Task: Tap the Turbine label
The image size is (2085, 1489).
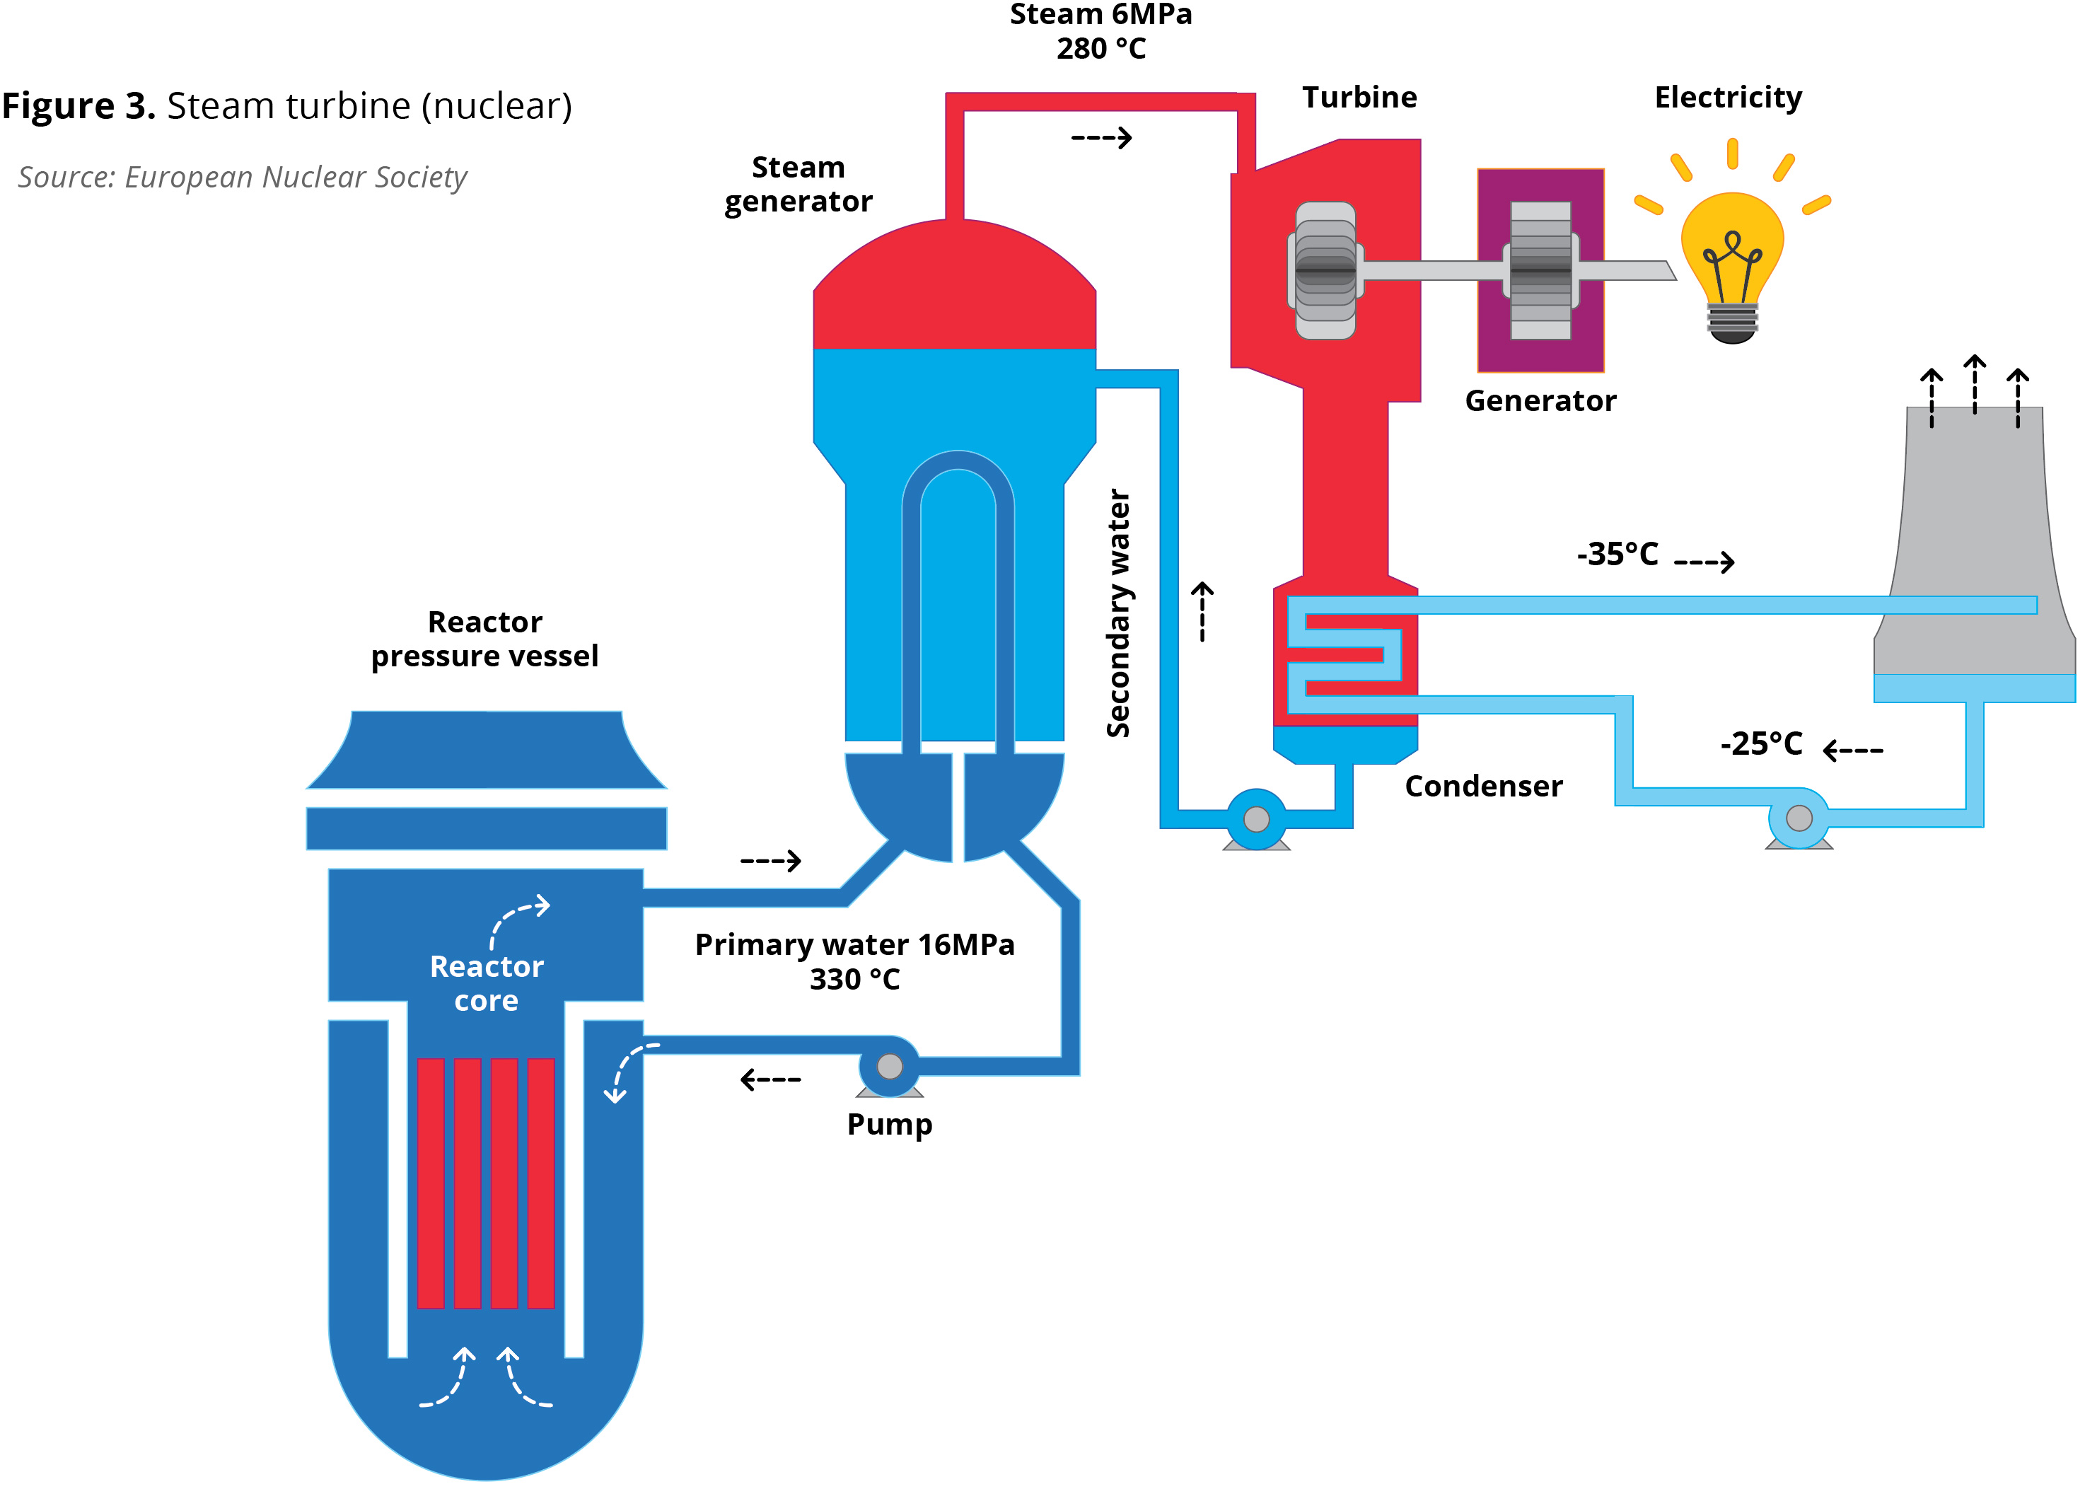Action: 1359,97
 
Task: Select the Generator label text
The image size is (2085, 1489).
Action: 1540,400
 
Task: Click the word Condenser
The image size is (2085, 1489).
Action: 1483,786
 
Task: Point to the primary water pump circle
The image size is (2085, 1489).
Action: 889,1066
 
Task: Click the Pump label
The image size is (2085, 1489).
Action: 889,1124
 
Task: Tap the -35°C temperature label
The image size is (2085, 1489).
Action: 1617,554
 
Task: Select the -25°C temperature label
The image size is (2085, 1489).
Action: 1760,743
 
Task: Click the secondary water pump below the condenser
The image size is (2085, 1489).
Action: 1257,818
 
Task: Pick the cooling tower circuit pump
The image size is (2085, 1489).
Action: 1798,818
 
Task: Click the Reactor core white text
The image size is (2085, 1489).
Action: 487,983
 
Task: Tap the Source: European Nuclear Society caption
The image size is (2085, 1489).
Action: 242,177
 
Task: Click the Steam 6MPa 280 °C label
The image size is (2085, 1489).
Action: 1100,31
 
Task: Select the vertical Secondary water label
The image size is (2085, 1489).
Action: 1118,613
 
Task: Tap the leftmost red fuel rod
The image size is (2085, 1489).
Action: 431,1183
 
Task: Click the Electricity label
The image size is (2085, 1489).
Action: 1728,97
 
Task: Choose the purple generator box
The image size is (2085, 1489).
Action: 1540,270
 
